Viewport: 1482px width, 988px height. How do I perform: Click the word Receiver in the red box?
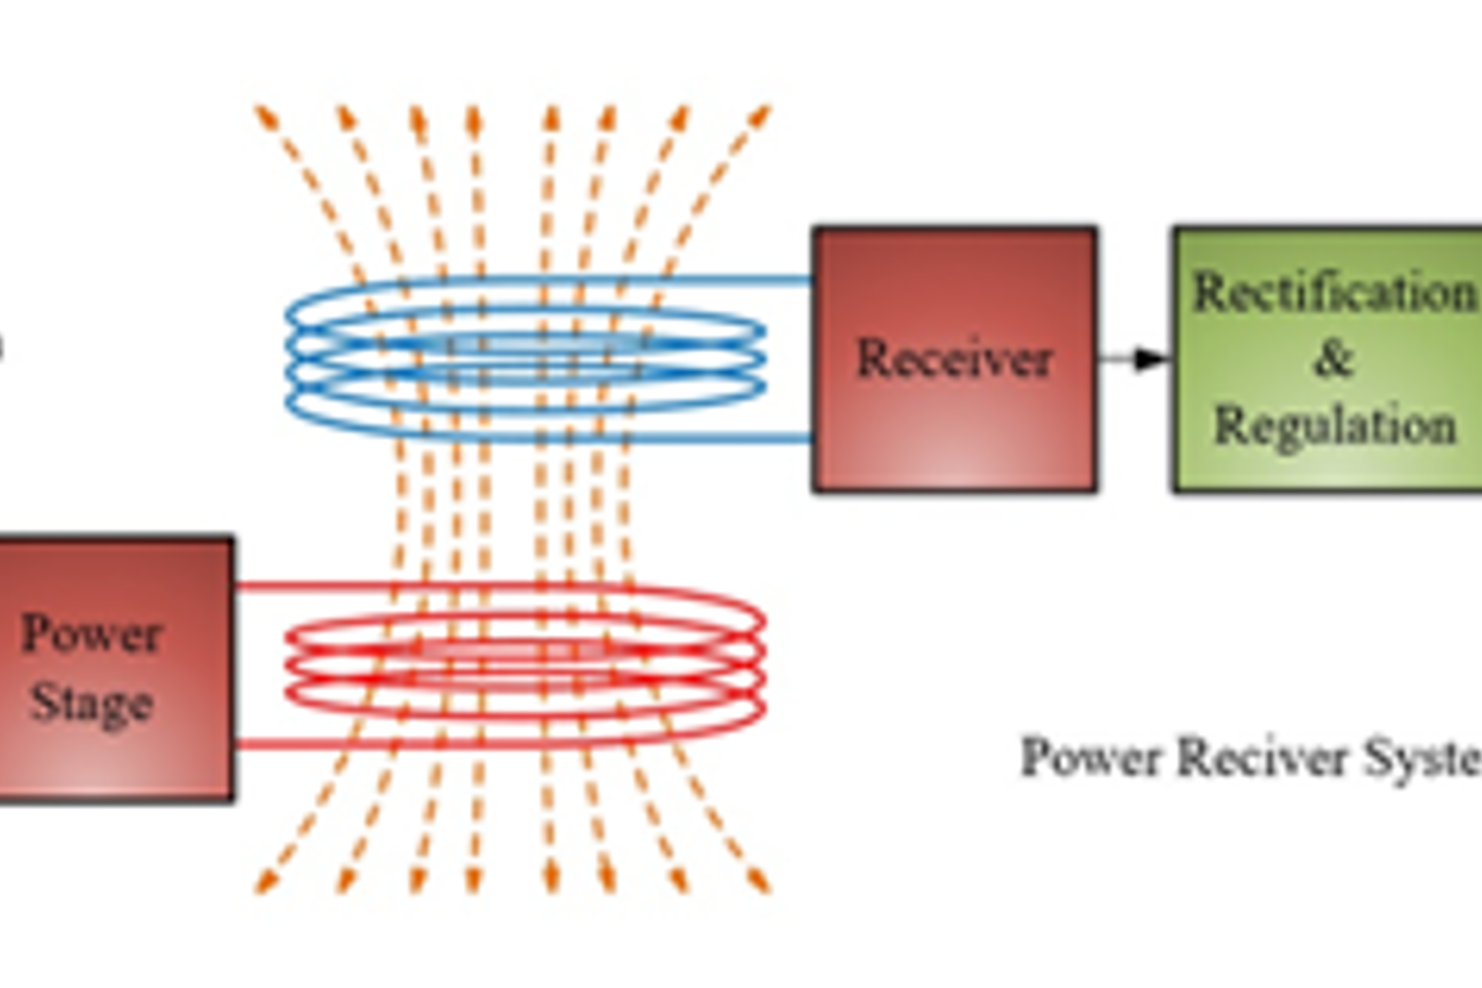953,359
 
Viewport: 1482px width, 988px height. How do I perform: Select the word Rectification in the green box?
1333,294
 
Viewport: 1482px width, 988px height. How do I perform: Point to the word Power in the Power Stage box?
90,635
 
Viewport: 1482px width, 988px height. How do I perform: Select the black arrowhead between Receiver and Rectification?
1151,359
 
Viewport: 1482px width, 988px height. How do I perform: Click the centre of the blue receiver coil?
525,358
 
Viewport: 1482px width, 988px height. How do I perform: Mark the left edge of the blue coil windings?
289,358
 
